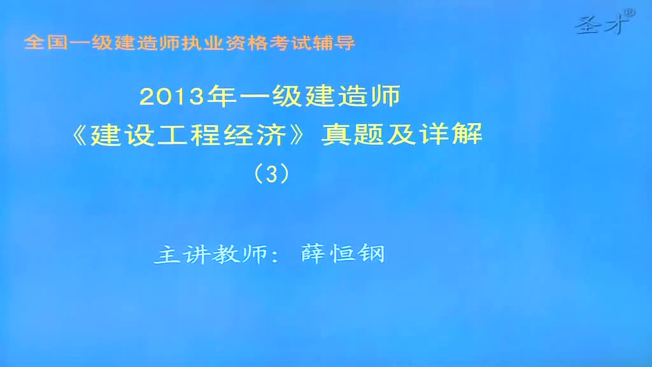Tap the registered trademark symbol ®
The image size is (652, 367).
click(x=630, y=13)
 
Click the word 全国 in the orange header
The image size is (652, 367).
click(x=46, y=43)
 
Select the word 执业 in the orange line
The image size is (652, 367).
click(x=203, y=43)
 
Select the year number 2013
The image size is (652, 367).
click(x=172, y=97)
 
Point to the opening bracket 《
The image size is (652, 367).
click(x=80, y=135)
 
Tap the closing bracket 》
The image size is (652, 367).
click(x=298, y=135)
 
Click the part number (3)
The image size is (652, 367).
click(x=271, y=174)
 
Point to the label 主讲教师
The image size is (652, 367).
click(x=211, y=254)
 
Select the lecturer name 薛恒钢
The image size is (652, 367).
click(x=343, y=253)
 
